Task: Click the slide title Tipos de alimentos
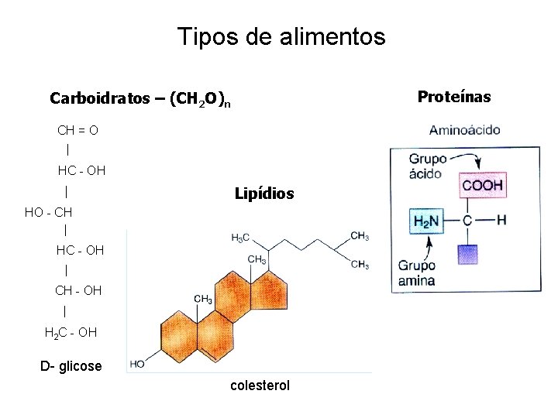coord(281,36)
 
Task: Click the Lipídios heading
coord(264,194)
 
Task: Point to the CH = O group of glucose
coord(77,130)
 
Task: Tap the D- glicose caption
coord(71,365)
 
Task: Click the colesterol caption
coord(260,385)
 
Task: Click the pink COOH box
coord(483,186)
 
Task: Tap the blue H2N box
coord(426,221)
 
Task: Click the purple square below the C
coord(467,255)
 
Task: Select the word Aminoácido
coord(464,131)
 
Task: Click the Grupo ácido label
coord(425,166)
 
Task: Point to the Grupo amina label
coord(417,273)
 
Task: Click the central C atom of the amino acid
coord(467,221)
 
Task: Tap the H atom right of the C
coord(501,220)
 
